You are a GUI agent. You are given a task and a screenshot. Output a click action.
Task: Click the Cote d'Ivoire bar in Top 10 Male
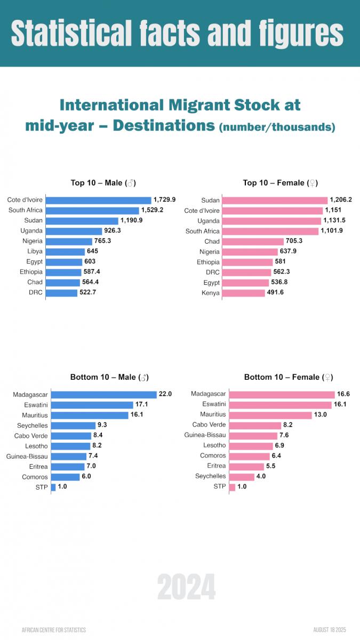98,200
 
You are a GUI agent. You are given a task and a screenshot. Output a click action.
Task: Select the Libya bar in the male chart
65,251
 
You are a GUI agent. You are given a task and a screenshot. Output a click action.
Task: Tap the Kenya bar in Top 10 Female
243,293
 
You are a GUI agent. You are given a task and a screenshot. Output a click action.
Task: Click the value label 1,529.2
152,210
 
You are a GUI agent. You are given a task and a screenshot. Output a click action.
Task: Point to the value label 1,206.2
341,200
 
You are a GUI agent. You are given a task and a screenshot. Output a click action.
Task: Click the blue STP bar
53,487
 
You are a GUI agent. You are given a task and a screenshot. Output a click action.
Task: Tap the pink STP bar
231,486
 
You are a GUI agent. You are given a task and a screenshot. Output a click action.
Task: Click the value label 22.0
165,394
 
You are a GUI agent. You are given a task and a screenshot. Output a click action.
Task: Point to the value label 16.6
343,394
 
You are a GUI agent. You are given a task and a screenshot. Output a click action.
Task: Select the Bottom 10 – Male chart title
109,377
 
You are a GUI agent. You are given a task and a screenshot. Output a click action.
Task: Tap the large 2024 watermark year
186,588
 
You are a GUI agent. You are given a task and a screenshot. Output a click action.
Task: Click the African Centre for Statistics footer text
53,630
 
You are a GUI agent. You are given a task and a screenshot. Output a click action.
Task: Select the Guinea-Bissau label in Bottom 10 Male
27,456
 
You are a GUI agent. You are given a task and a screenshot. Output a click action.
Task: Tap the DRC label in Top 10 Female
213,273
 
